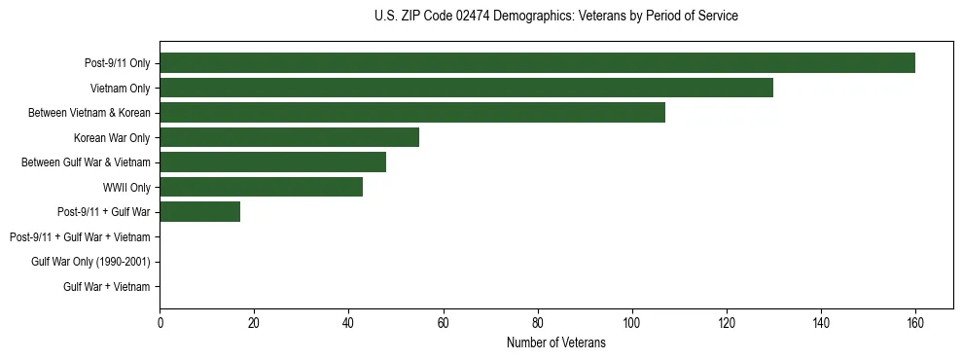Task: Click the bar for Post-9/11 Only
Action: [537, 63]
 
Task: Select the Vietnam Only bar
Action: [466, 88]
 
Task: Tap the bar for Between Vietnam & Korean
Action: [412, 113]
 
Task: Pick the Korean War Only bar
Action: [289, 137]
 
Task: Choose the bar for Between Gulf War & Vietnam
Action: [272, 162]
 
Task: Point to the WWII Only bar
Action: [261, 187]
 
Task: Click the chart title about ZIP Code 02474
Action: [555, 17]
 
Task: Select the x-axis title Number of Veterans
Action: [555, 342]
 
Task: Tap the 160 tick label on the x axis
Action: [914, 323]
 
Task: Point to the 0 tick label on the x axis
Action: [160, 323]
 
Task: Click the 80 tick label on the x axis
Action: [537, 323]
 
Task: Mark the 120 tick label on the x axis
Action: [726, 323]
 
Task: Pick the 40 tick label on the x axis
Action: [348, 323]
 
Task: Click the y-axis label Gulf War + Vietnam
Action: [106, 287]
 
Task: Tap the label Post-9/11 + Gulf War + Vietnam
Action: [80, 237]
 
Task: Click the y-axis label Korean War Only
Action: [112, 138]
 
